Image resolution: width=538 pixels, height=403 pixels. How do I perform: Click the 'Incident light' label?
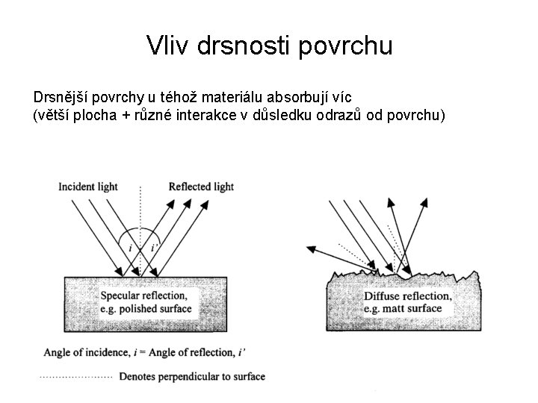88,187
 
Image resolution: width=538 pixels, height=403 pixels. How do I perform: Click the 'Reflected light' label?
201,187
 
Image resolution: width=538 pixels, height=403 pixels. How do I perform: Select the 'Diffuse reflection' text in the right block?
407,296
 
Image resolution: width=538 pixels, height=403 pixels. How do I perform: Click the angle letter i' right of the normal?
155,247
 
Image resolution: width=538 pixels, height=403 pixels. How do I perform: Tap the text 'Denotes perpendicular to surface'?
192,377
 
